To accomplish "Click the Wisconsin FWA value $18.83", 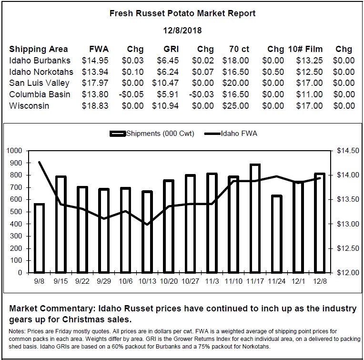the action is [x=95, y=106].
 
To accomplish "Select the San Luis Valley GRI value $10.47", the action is [x=165, y=83].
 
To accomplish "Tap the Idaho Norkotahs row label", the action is [x=41, y=72].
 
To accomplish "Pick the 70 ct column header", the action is [x=239, y=49].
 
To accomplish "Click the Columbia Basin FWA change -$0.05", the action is [x=131, y=94].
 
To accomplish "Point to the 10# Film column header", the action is [x=305, y=49].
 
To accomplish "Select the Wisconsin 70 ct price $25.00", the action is [x=236, y=106].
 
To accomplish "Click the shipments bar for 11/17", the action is [x=255, y=218].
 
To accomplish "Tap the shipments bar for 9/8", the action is [x=39, y=238].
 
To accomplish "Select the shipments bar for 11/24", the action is [x=277, y=234].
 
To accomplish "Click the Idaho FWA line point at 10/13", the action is [x=147, y=225].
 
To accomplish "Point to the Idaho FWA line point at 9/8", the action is [x=39, y=162].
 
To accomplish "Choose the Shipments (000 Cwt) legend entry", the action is [x=152, y=134].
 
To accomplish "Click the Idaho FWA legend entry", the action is [x=231, y=134].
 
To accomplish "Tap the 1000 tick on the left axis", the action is [x=14, y=151].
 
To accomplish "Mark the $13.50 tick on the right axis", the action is [x=348, y=199].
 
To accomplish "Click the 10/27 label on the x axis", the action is [x=191, y=281].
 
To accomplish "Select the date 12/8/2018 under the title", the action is [x=182, y=31].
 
